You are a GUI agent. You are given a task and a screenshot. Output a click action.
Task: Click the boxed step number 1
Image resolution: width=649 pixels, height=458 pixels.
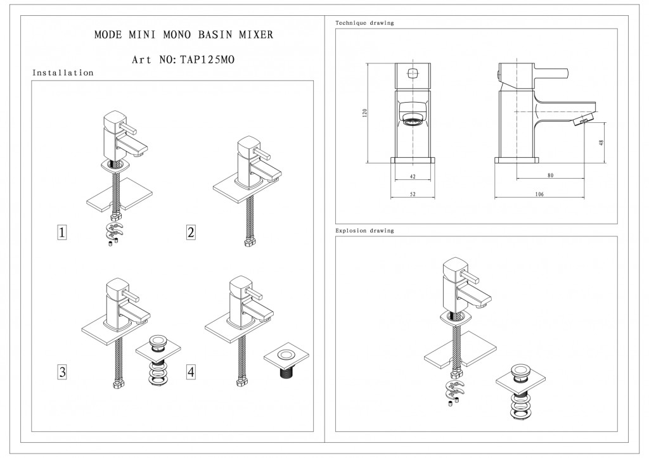point(62,233)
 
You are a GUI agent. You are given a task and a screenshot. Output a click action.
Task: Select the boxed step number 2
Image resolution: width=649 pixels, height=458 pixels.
point(191,233)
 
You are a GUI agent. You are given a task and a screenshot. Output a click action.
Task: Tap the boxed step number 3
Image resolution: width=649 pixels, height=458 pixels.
point(62,371)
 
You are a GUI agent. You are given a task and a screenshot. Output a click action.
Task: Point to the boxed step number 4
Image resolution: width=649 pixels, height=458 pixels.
point(191,371)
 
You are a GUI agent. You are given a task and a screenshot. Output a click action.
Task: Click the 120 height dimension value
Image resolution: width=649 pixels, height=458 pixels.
point(364,113)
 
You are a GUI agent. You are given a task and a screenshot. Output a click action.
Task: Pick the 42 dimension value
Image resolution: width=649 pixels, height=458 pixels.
point(413,175)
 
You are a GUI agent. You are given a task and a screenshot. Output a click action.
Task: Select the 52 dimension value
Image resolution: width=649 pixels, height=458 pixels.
point(413,194)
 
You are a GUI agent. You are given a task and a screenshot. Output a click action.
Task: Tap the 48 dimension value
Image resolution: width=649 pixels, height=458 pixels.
point(601,143)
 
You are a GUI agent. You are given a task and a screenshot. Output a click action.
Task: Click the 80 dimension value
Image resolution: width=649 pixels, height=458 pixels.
point(550,175)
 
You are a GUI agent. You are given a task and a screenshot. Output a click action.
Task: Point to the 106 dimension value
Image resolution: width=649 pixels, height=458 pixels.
point(539,194)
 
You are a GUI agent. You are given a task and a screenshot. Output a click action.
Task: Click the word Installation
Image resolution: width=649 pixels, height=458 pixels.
point(63,73)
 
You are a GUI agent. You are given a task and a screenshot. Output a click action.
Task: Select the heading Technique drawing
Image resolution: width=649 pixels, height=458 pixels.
point(364,23)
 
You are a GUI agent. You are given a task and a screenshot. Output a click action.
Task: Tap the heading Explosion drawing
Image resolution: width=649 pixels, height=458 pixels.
point(364,231)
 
